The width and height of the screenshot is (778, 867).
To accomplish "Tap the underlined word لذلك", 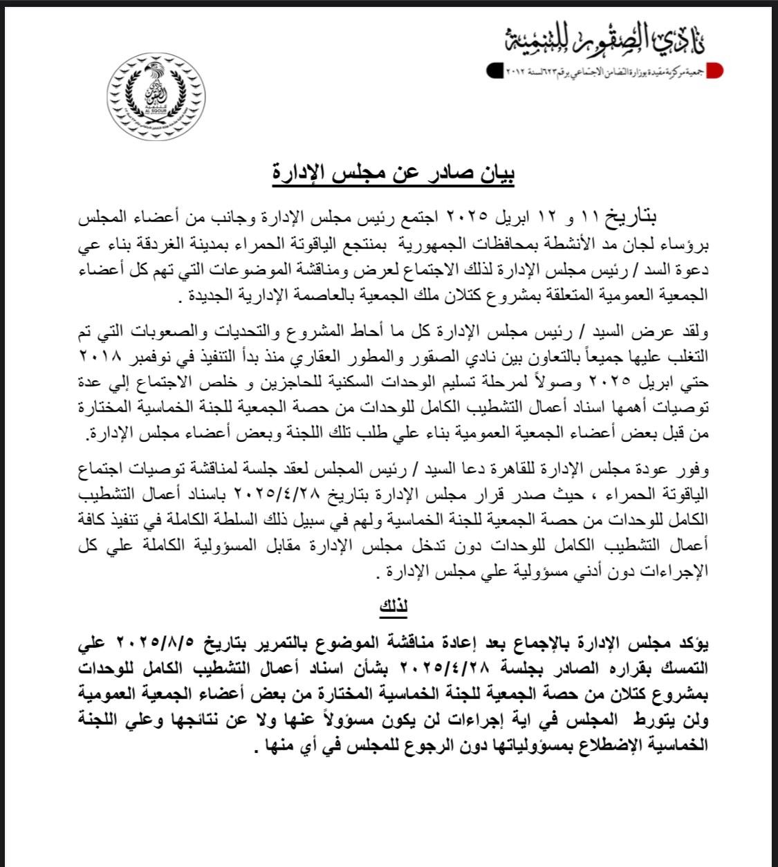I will coord(393,607).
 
